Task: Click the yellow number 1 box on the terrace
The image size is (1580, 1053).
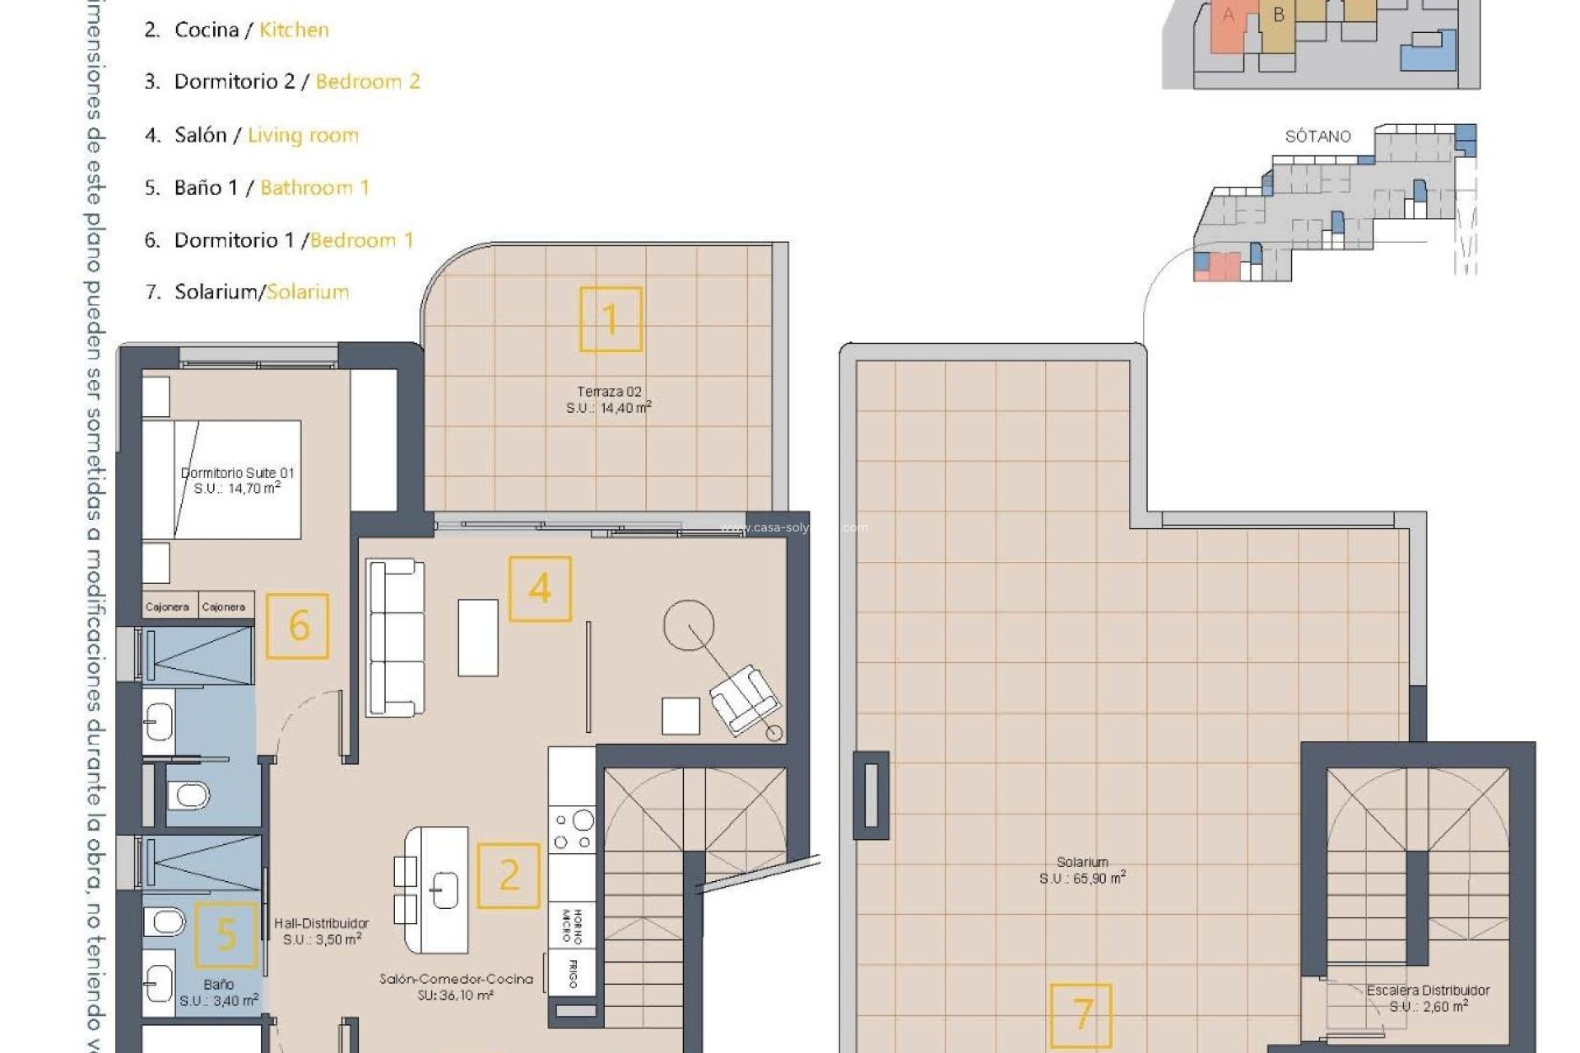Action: (x=611, y=319)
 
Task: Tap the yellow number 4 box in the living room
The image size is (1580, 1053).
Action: (x=540, y=589)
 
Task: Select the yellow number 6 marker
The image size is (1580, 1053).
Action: (x=298, y=626)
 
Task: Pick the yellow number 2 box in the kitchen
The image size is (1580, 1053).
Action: (x=509, y=875)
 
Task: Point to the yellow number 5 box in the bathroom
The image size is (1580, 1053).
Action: (x=225, y=935)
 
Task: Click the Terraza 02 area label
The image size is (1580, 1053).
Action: (x=609, y=400)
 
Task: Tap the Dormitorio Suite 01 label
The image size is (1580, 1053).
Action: (x=237, y=480)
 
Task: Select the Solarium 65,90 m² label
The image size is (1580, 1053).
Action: (x=1082, y=870)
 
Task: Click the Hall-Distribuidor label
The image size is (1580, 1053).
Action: (x=322, y=931)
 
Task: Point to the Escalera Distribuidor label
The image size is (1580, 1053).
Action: (x=1428, y=998)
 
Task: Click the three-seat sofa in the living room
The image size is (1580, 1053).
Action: (x=396, y=638)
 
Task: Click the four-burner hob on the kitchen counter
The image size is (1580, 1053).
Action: (x=573, y=830)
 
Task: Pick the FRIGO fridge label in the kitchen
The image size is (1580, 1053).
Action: (x=573, y=973)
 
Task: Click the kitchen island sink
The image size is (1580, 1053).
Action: (x=445, y=889)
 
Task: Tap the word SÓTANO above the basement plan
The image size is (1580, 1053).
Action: (x=1317, y=137)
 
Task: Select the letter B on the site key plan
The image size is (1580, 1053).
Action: (x=1278, y=15)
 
